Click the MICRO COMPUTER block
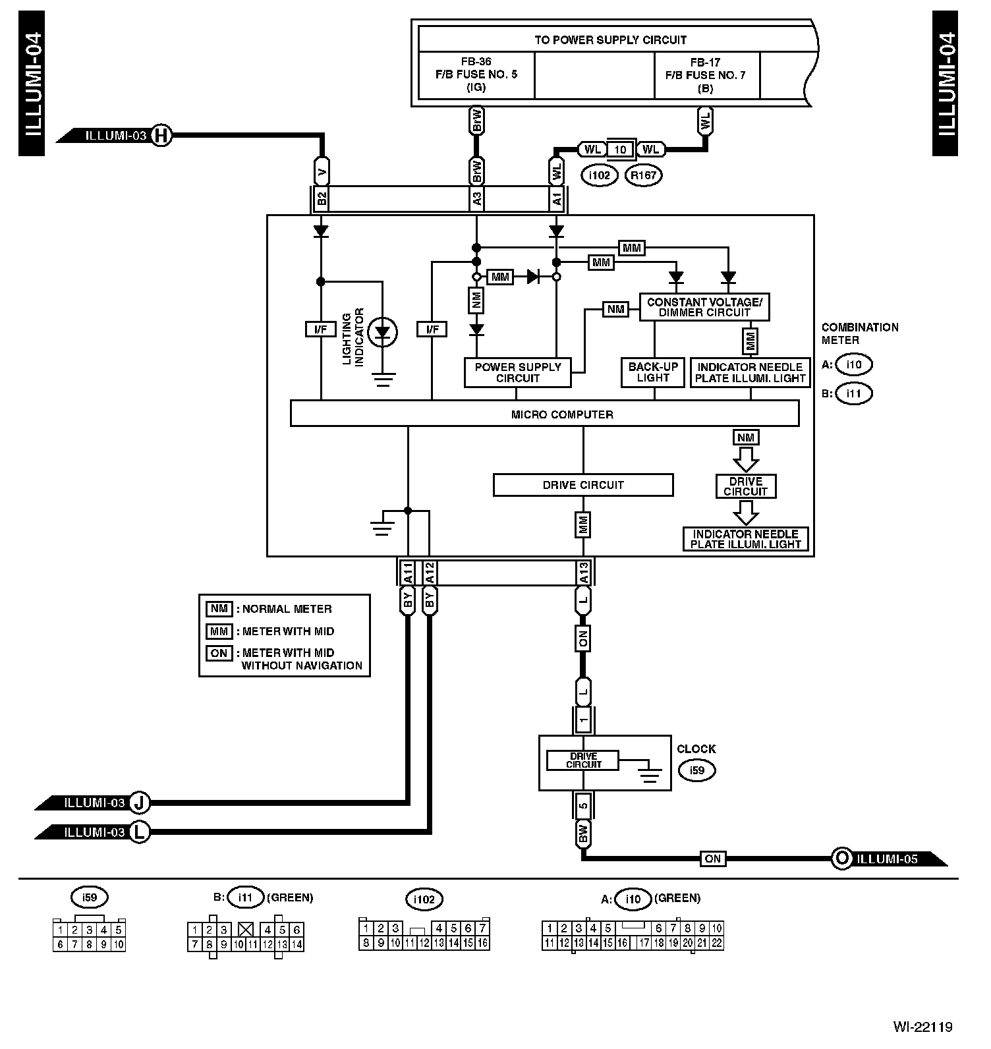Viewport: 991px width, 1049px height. pos(544,414)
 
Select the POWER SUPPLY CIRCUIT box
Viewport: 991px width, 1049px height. pos(517,372)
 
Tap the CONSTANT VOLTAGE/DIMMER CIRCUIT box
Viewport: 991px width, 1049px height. pos(704,307)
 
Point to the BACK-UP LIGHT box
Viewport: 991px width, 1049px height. pos(654,372)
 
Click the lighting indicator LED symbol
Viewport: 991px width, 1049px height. pos(382,332)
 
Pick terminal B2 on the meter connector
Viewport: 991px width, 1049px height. pos(321,199)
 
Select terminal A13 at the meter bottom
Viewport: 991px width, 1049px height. pos(583,573)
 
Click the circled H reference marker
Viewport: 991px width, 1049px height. pos(161,136)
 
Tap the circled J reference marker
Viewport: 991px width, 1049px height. pos(140,803)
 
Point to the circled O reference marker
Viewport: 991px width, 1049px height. pos(841,858)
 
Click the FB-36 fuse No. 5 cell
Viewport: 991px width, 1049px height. pos(476,74)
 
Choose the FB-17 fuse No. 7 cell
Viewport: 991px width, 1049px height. pos(705,74)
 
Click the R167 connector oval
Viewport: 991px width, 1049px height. pos(643,175)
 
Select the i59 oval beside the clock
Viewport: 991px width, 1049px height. pos(697,770)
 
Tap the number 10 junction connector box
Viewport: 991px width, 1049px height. pos(620,150)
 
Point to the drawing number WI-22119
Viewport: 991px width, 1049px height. pos(922,1027)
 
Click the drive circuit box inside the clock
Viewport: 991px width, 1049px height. pos(583,760)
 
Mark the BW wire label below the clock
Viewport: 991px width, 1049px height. pos(583,834)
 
